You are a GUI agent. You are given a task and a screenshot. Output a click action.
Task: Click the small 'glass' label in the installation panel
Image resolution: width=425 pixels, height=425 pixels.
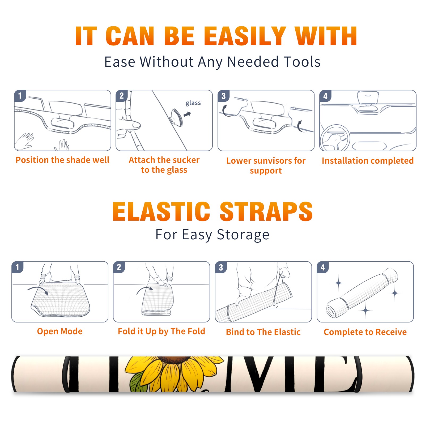click(193, 103)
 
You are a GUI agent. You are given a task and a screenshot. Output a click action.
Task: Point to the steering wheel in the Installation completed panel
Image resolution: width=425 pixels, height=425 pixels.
click(335, 138)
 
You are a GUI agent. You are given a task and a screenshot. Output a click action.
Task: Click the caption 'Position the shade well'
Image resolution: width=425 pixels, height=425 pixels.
click(62, 160)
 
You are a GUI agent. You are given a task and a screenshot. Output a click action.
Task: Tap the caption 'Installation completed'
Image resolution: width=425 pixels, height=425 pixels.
click(368, 161)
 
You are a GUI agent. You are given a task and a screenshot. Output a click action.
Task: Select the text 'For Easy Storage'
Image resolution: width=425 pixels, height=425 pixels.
click(212, 235)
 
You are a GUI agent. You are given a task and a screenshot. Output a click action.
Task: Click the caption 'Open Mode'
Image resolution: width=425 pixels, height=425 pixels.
click(60, 331)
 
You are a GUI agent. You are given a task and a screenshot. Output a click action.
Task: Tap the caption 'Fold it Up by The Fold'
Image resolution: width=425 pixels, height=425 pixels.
click(161, 331)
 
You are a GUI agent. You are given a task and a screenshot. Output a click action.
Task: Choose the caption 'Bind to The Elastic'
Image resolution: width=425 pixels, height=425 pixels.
click(263, 332)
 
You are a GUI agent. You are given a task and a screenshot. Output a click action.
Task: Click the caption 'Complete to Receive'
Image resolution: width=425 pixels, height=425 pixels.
click(365, 332)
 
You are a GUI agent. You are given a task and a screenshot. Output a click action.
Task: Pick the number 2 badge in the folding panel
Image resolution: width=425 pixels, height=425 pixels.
click(119, 267)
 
